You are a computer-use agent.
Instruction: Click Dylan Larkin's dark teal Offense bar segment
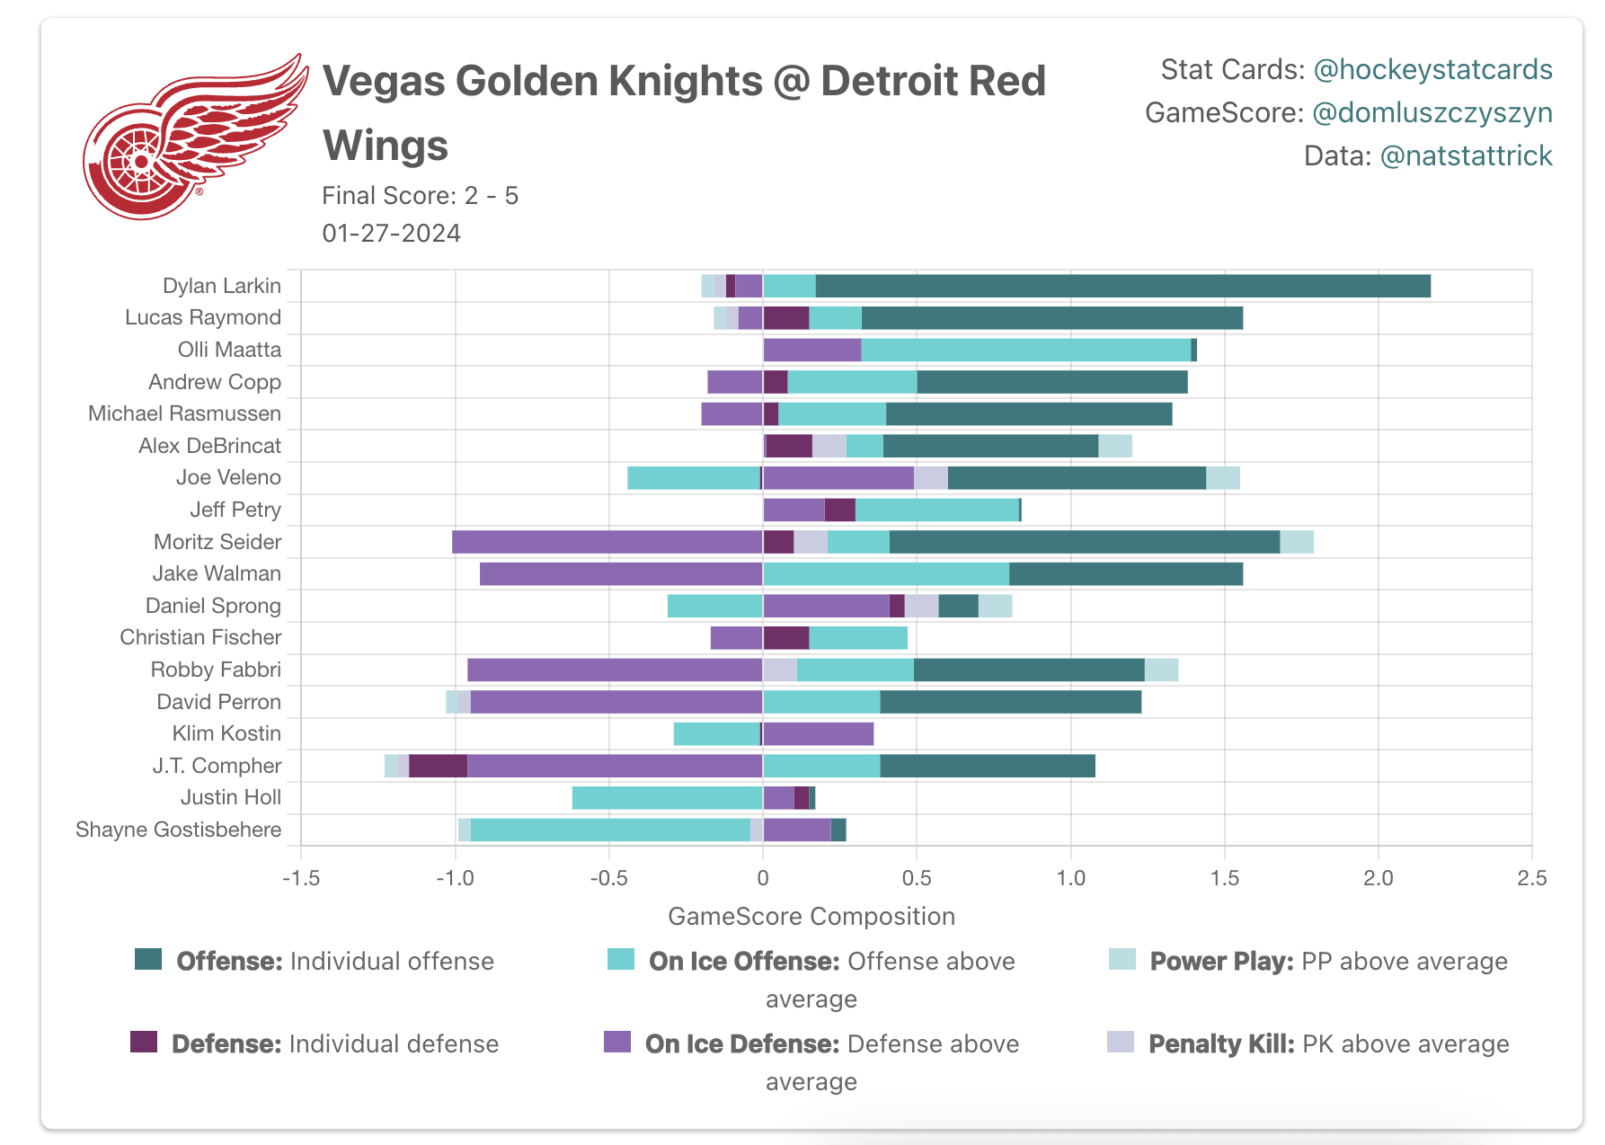(1122, 286)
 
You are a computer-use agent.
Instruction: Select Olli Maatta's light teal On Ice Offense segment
(1025, 350)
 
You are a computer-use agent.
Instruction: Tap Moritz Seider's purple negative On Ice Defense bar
(607, 542)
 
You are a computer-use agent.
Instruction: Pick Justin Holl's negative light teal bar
(667, 797)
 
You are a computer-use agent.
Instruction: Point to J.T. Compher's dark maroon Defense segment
(438, 766)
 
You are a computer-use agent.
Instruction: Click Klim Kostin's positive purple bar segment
(818, 733)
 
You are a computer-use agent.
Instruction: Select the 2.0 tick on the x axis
(1378, 878)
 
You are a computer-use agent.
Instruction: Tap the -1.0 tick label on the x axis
(455, 878)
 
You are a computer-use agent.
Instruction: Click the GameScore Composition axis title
(811, 916)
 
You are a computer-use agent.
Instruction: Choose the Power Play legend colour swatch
(1122, 959)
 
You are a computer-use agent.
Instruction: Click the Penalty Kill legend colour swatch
(1121, 1042)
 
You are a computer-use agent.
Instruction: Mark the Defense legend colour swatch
(144, 1042)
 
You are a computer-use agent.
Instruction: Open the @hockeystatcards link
(1432, 69)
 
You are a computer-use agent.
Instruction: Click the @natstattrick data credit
(1466, 155)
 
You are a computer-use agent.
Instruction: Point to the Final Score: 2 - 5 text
(420, 195)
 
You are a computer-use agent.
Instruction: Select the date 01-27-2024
(391, 233)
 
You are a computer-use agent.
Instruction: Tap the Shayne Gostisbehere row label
(178, 830)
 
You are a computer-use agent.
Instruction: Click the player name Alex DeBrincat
(209, 446)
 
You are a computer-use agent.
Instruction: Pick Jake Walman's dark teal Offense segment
(1125, 573)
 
